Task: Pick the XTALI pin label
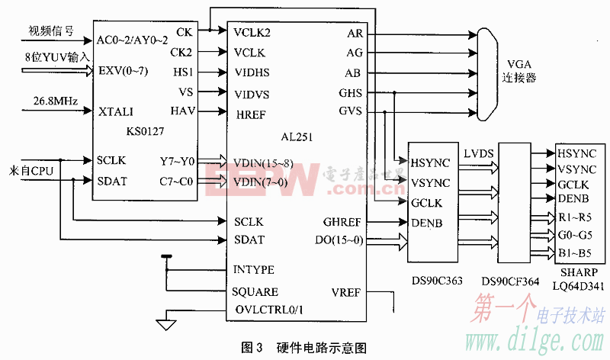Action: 116,111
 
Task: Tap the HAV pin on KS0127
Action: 182,111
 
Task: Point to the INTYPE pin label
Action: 253,270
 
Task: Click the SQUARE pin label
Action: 255,291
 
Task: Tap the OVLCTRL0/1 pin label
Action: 264,310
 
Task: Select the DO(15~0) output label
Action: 340,240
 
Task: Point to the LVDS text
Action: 478,154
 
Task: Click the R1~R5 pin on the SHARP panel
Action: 574,217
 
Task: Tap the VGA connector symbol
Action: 483,73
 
